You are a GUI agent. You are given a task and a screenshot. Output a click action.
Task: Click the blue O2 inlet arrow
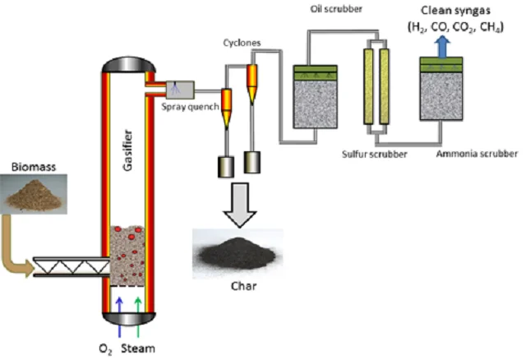click(122, 309)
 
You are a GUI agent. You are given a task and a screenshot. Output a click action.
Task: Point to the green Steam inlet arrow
click(139, 309)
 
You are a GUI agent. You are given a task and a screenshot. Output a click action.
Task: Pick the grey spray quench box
click(178, 86)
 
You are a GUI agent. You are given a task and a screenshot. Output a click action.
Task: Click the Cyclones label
click(240, 42)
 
